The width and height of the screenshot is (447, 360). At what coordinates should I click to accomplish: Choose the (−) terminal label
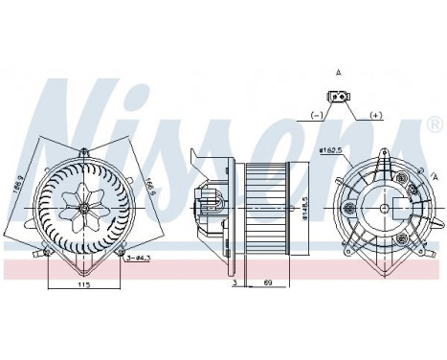point(317,114)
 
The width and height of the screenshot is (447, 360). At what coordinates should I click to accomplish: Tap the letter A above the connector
point(340,71)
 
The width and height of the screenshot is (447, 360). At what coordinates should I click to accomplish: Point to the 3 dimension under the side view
point(234,284)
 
